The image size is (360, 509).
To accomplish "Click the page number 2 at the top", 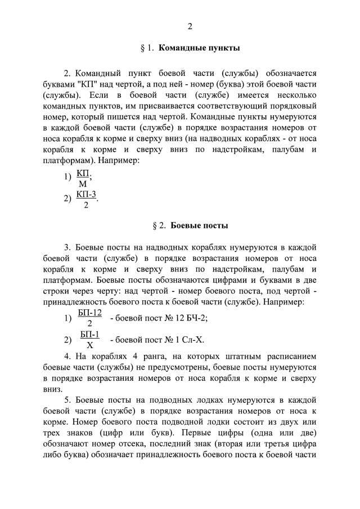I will [190, 26].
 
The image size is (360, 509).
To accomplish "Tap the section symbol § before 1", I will [142, 48].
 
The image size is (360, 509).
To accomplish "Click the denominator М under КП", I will [83, 184].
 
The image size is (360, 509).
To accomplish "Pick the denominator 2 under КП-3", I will [85, 205].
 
